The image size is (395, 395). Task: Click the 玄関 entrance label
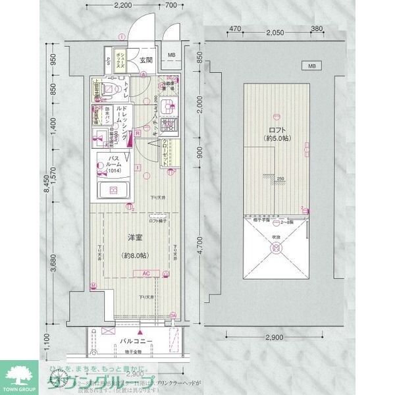click(x=145, y=59)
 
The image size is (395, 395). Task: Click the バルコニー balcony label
click(x=136, y=342)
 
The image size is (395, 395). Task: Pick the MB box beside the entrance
click(x=171, y=55)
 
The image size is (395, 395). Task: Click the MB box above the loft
click(x=309, y=66)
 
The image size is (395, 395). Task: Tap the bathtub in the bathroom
click(x=114, y=191)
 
